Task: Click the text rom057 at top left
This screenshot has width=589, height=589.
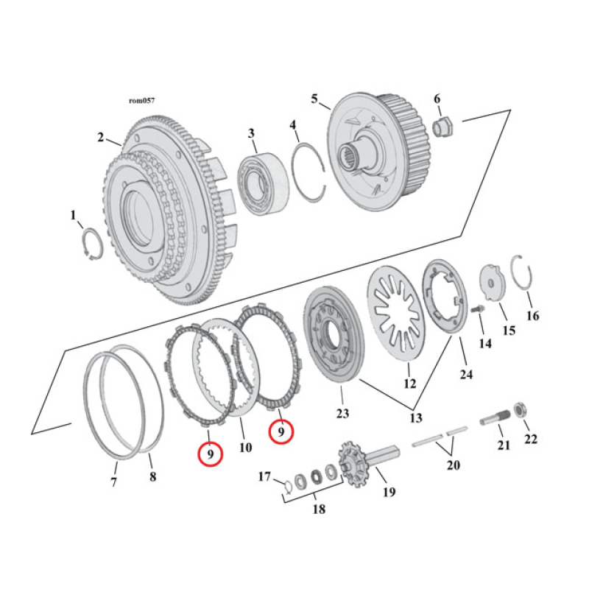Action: click(x=141, y=101)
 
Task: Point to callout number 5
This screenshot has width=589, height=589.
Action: click(x=314, y=99)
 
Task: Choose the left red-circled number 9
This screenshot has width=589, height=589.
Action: click(x=211, y=454)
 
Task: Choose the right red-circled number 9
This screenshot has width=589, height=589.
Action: click(x=281, y=432)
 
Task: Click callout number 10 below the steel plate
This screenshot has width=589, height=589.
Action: click(x=245, y=447)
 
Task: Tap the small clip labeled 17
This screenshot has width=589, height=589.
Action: click(x=287, y=484)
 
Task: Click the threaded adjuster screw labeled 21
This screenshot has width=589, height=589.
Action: click(x=495, y=420)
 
